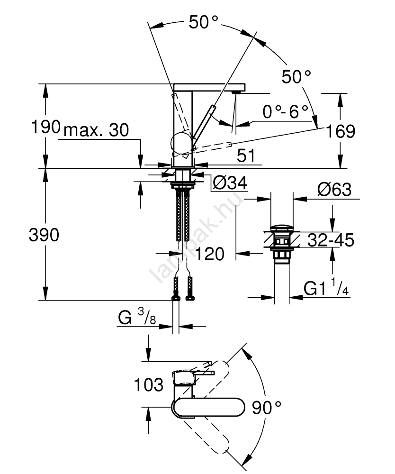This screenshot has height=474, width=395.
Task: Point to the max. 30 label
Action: click(x=96, y=130)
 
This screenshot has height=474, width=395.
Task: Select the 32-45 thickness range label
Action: click(x=331, y=240)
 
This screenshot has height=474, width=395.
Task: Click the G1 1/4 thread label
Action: click(x=326, y=288)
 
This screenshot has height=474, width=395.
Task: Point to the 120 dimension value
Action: click(x=209, y=255)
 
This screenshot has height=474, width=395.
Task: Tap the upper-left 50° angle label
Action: click(x=204, y=22)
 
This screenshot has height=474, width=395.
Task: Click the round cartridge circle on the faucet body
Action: click(x=181, y=144)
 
